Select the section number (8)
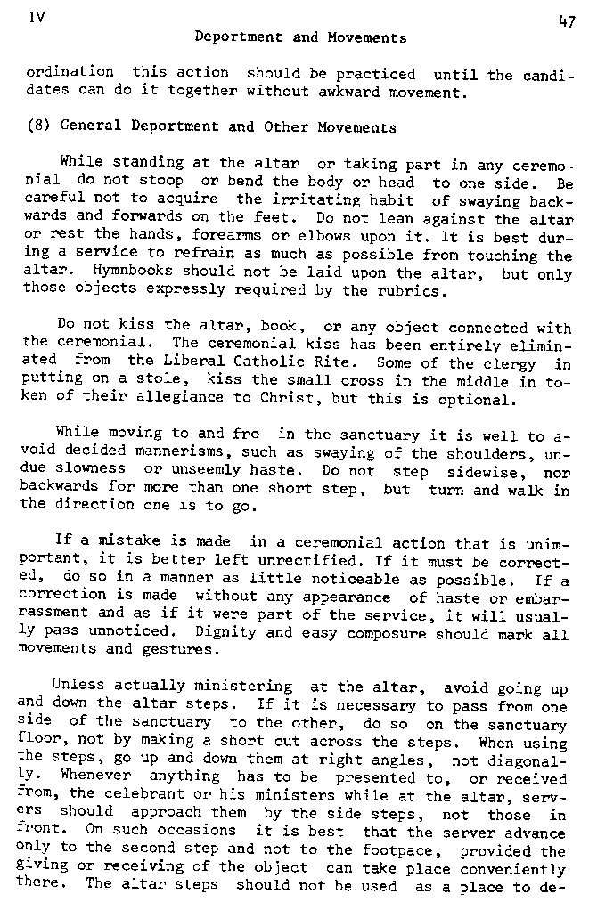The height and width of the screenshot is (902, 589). tap(37, 127)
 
